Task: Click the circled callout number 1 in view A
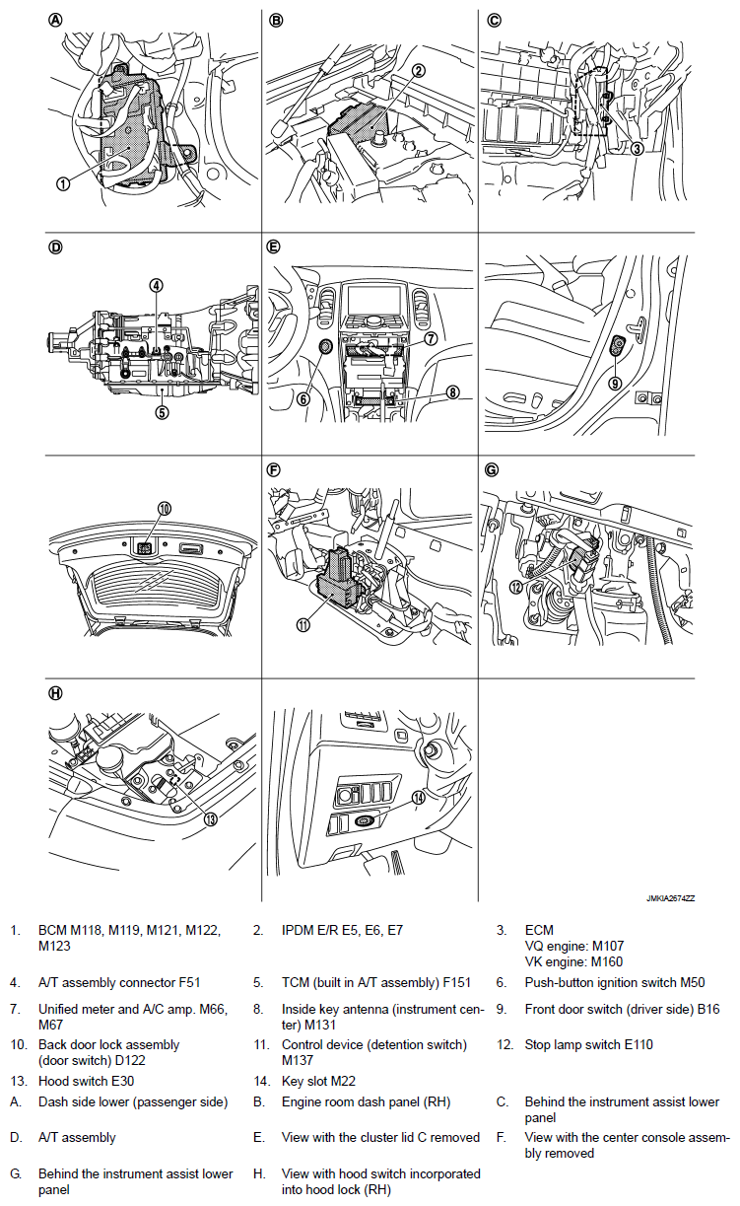(63, 183)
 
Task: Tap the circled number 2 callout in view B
(418, 70)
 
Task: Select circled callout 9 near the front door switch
(614, 384)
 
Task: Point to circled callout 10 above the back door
(164, 508)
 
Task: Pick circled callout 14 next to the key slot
(418, 799)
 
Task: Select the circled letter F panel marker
(276, 469)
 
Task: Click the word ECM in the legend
(539, 930)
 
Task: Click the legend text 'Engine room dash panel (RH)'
(366, 1101)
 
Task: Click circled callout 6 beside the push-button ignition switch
(303, 399)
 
